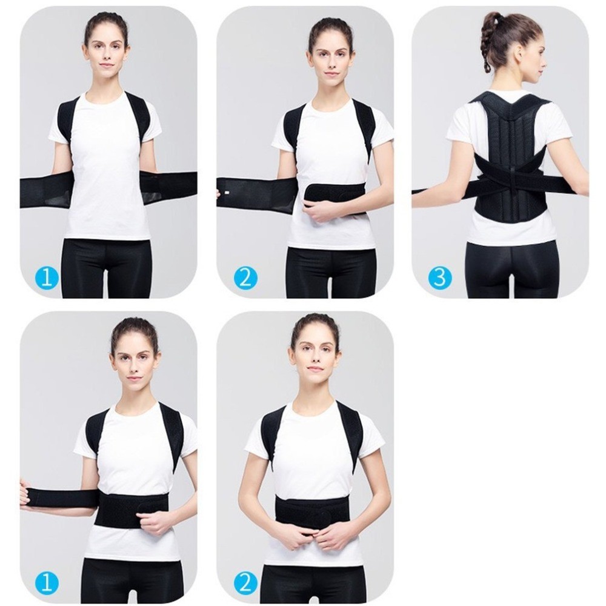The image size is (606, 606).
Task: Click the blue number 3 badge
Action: click(x=440, y=278)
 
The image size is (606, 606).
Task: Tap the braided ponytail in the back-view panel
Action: click(x=487, y=42)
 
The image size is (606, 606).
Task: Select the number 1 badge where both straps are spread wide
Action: click(x=46, y=278)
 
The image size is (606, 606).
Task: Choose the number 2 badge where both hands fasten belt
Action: click(x=245, y=583)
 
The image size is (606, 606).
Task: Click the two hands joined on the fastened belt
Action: click(x=313, y=533)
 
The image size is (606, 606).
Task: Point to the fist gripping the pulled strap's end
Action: click(x=24, y=492)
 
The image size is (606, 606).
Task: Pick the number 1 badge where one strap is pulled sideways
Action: click(x=46, y=583)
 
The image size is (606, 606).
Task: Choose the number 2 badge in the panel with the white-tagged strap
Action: click(x=245, y=278)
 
